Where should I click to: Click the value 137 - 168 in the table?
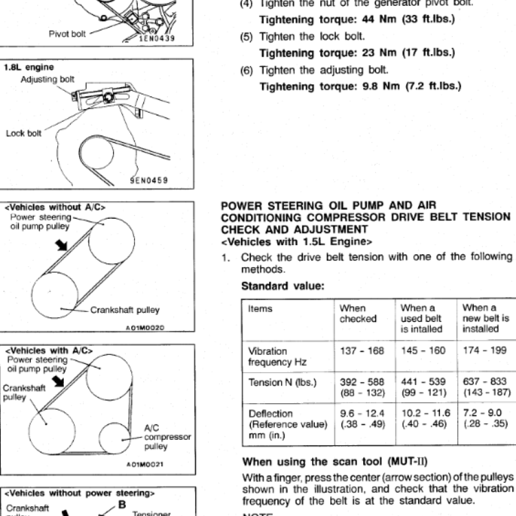[362, 351]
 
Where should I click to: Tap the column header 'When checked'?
[358, 313]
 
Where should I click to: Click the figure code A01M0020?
[146, 328]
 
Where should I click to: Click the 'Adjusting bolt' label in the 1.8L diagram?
[48, 79]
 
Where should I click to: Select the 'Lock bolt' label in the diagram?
[24, 134]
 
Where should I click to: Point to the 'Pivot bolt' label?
[67, 33]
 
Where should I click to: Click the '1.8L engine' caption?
[29, 67]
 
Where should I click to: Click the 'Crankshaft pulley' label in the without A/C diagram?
[124, 310]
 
